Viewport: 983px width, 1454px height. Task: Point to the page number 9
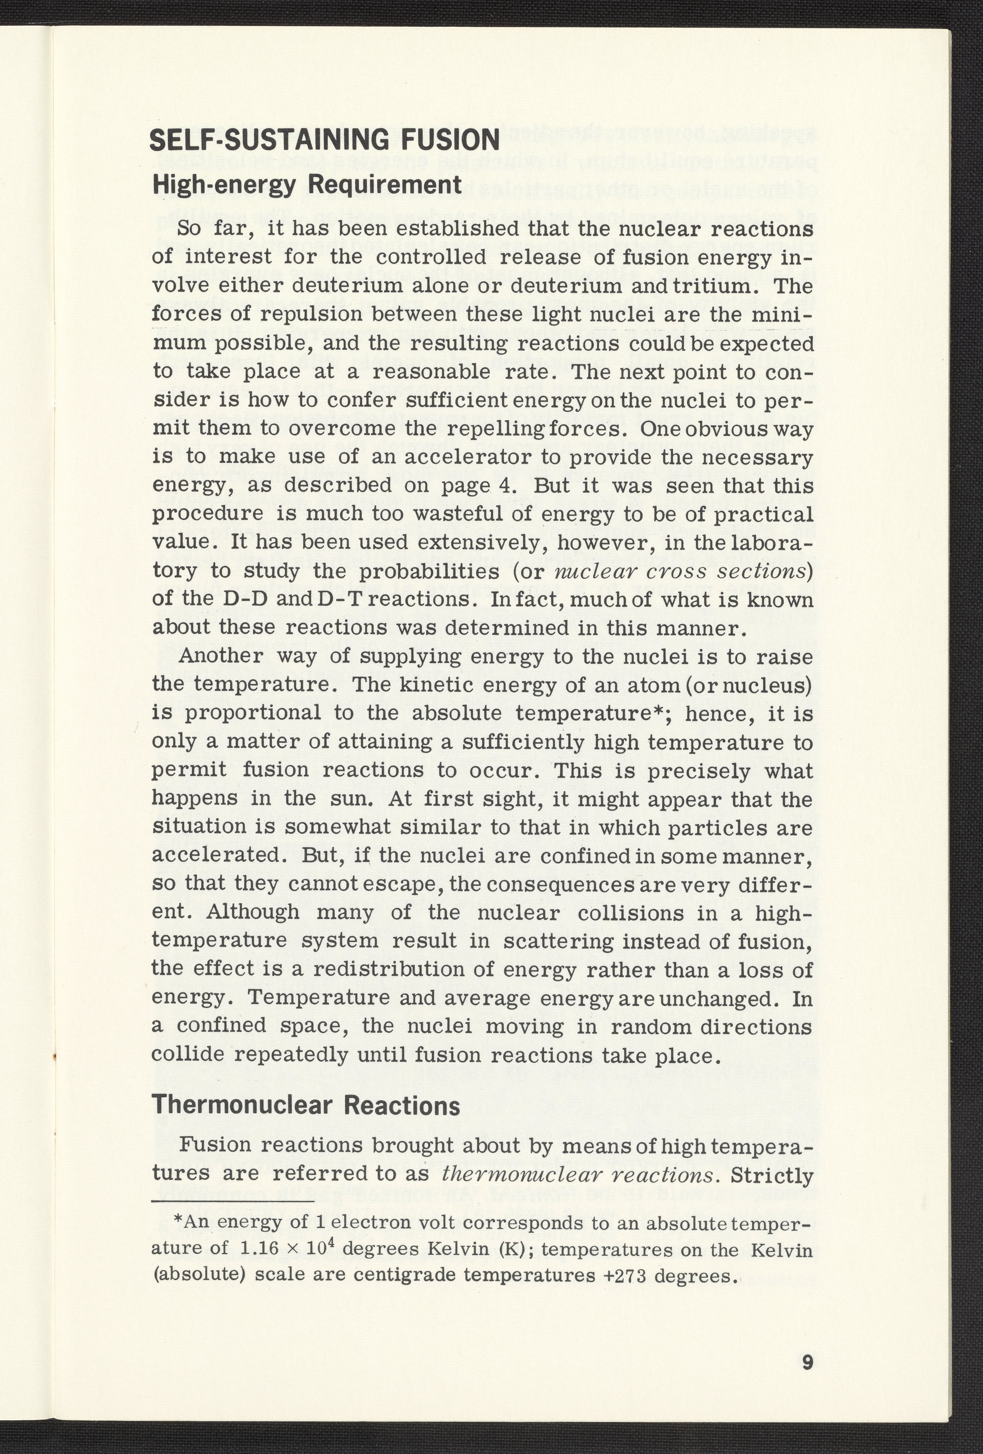click(x=806, y=1362)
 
